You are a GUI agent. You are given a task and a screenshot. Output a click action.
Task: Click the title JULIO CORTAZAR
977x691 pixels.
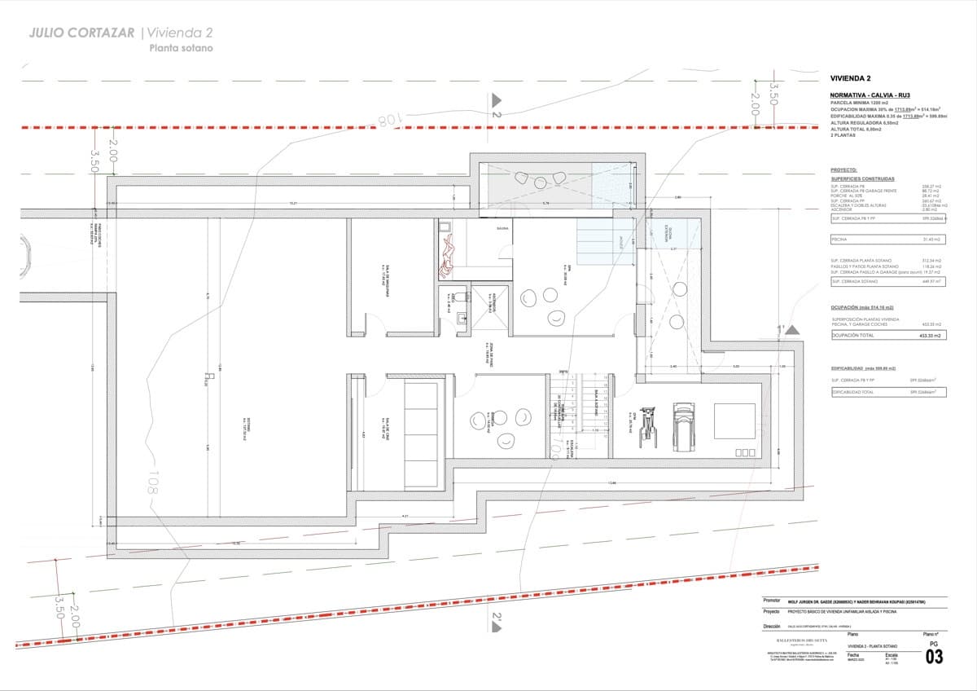pyautogui.click(x=82, y=33)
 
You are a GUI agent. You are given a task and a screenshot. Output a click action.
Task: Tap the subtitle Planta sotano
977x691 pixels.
pyautogui.click(x=181, y=49)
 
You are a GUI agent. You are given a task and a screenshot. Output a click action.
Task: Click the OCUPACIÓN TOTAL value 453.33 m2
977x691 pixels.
pyautogui.click(x=929, y=335)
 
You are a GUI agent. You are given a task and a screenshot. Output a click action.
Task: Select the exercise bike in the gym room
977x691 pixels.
pyautogui.click(x=648, y=423)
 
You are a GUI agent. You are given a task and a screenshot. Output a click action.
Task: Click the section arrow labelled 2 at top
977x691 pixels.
pyautogui.click(x=495, y=104)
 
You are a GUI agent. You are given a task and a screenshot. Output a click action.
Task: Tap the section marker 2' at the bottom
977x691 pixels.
pyautogui.click(x=496, y=623)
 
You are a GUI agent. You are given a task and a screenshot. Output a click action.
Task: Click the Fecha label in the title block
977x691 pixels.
pyautogui.click(x=852, y=654)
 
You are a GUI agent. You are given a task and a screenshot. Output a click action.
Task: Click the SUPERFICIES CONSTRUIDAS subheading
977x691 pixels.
pyautogui.click(x=862, y=178)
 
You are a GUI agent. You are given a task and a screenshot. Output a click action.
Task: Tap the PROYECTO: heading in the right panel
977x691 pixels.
pyautogui.click(x=843, y=170)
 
